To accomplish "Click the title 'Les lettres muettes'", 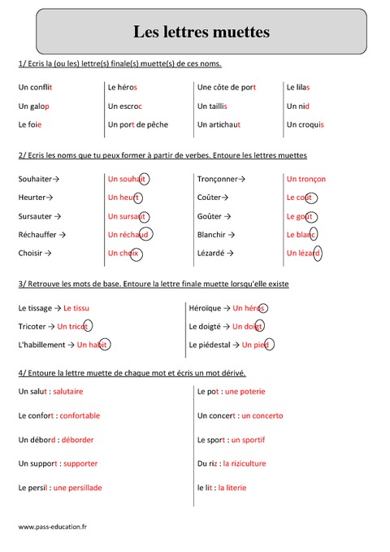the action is tap(201, 33).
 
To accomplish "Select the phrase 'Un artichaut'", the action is tap(219, 124).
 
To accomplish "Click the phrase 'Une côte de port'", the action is tap(227, 86).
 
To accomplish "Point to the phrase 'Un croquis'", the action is tap(305, 124).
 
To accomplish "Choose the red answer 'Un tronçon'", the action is tap(306, 179).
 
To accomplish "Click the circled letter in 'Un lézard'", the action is tap(318, 253).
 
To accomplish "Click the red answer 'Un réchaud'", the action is tap(128, 234).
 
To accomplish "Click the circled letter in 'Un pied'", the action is tap(270, 345).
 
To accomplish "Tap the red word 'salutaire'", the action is tap(76, 392).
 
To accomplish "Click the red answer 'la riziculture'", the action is tap(244, 463).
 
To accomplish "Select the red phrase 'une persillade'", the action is tap(78, 488).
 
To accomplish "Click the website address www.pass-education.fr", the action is tap(52, 527).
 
